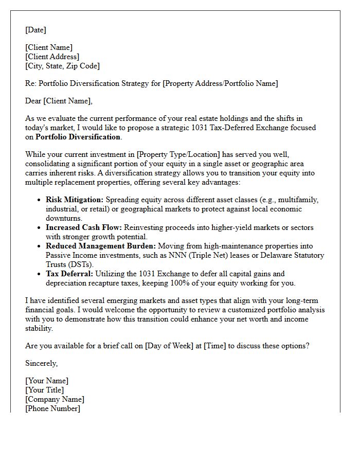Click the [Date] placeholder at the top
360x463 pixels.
(x=35, y=30)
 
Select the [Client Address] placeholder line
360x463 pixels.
(x=52, y=57)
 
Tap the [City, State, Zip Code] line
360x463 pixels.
(x=62, y=66)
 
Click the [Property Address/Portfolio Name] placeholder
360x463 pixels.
(x=220, y=83)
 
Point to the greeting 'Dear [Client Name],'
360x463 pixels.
(x=59, y=101)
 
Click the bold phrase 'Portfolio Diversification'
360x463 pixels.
(x=77, y=137)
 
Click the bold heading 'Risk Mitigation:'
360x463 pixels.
(x=75, y=200)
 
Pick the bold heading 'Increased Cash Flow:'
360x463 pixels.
(x=83, y=227)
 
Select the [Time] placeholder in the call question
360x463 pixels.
(x=215, y=346)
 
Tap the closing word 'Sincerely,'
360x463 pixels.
(x=42, y=363)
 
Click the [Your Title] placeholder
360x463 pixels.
(x=45, y=390)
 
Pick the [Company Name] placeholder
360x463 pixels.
(x=55, y=399)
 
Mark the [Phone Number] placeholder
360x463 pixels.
(x=52, y=408)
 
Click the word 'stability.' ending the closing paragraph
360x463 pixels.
(x=39, y=328)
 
